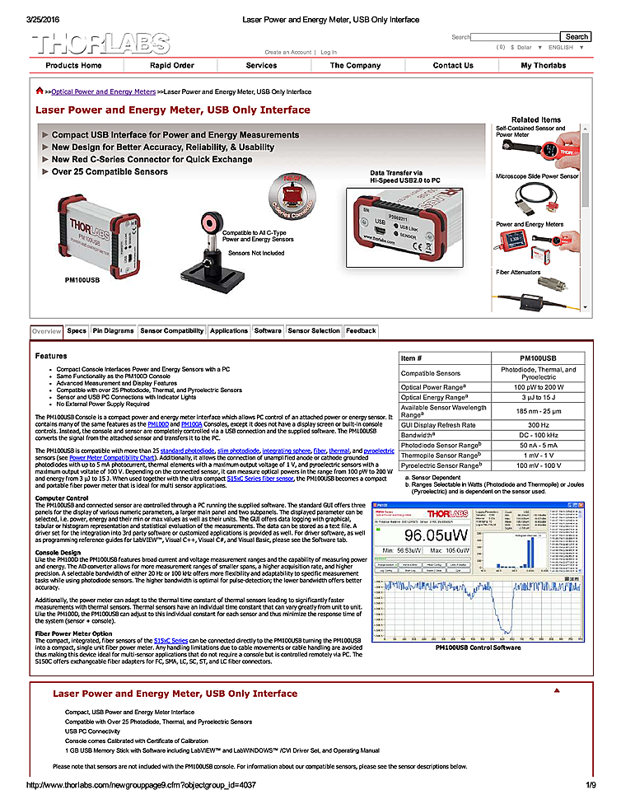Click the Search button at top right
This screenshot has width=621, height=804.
576,36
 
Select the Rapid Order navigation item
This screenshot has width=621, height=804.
172,66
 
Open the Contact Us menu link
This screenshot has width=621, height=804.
453,66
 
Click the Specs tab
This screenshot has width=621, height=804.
77,331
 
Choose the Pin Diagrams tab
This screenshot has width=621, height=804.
113,331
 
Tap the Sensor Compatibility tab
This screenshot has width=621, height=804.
172,331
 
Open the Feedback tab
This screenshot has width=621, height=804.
361,331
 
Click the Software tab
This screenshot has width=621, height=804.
268,331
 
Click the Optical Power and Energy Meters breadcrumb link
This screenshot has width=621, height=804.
103,92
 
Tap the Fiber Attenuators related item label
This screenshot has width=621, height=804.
518,272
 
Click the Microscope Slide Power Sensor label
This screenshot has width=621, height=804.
537,176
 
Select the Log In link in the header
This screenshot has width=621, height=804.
329,52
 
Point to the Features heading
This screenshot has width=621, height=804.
51,356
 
